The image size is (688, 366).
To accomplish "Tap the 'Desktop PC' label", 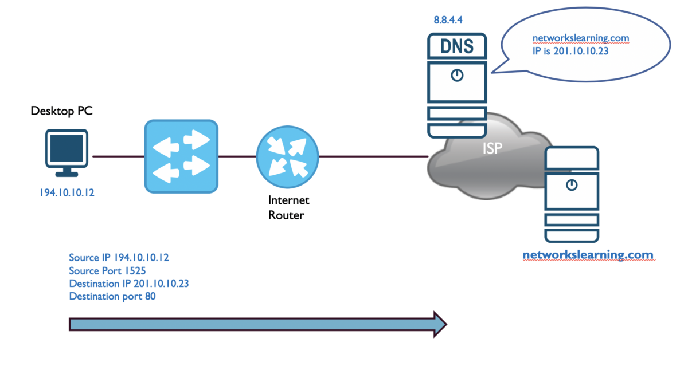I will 61,111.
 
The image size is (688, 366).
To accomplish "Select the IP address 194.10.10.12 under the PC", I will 67,193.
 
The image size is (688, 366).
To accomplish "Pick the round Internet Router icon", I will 287,155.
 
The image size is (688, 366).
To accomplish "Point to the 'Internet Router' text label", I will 288,207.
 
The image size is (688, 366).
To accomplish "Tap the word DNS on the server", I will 457,46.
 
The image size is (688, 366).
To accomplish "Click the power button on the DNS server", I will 457,75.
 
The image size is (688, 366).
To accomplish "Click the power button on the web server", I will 571,184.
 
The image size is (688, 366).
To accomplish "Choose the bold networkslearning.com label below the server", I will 588,255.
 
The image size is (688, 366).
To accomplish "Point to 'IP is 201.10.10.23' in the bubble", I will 570,50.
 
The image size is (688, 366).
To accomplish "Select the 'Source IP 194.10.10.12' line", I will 119,258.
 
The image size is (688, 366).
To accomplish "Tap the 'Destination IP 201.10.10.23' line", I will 129,284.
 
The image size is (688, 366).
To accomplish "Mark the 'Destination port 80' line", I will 112,296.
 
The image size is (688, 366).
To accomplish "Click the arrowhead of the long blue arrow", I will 439,324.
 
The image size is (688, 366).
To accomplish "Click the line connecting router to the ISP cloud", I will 373,156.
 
